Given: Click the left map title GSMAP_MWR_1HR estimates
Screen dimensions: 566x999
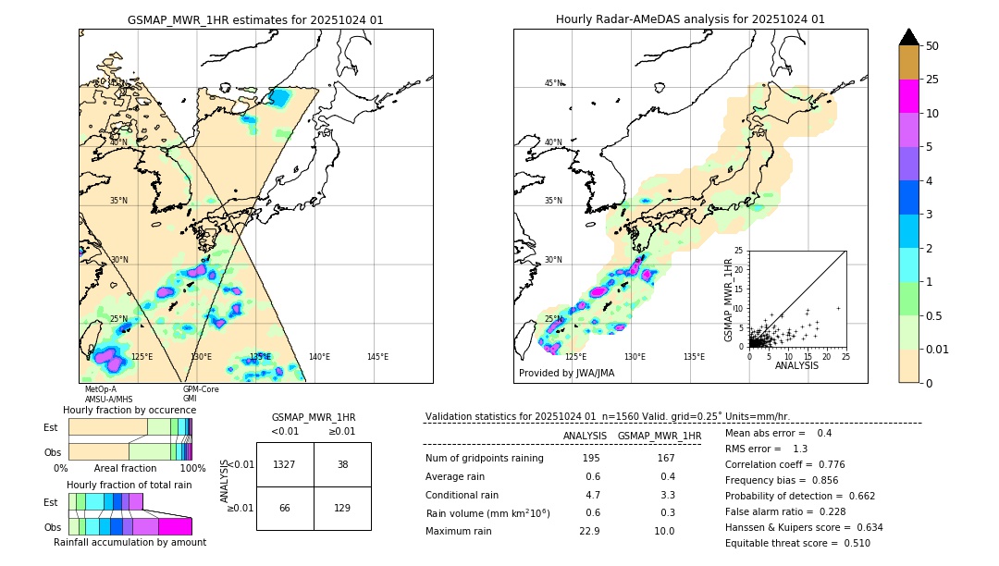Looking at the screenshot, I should tap(255, 19).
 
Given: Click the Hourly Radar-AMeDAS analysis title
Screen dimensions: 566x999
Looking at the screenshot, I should tap(690, 19).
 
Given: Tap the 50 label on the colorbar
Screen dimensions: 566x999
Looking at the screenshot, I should tap(932, 46).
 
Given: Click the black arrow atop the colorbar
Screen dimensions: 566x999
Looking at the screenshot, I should tap(909, 37).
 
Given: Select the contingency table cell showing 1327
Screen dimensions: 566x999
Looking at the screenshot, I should tap(285, 464).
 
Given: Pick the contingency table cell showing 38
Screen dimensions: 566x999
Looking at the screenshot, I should tap(342, 464).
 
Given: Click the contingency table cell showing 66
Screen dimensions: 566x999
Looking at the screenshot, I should tap(285, 508).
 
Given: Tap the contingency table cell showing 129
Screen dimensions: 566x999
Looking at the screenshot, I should tap(342, 508).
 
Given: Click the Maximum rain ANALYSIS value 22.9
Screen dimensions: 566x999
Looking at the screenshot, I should tap(591, 531).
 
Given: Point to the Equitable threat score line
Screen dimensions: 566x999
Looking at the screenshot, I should tap(797, 543).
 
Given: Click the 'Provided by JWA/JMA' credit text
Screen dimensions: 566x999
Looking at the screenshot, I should tap(566, 374).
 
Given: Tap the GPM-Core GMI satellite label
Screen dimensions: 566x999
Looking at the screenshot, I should tap(201, 394).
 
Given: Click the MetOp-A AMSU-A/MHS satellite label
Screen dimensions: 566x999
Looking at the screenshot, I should tap(108, 394).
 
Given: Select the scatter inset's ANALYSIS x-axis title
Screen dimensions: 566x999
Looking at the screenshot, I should tap(796, 366).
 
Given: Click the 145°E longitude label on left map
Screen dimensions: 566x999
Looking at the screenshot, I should tap(377, 357).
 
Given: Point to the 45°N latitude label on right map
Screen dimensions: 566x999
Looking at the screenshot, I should tap(553, 83).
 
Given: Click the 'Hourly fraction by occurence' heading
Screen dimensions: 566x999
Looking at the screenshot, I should tap(129, 410).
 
